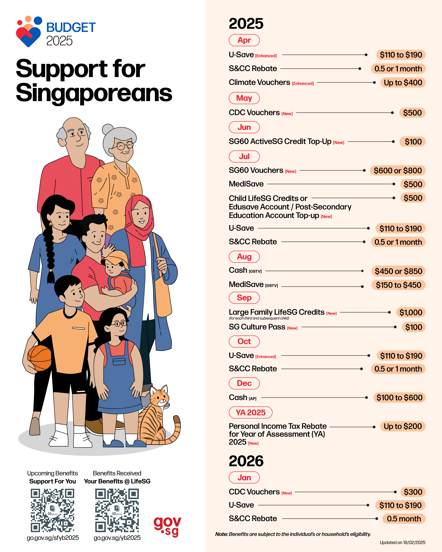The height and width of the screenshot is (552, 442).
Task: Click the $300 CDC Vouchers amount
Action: click(413, 492)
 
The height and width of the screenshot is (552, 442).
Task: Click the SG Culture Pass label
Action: click(257, 327)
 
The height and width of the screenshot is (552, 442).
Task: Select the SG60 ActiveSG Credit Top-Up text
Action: click(280, 141)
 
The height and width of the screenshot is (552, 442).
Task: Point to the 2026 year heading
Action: click(246, 461)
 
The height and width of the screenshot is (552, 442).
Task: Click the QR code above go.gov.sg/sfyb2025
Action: click(53, 510)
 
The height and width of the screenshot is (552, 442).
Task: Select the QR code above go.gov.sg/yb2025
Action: click(117, 510)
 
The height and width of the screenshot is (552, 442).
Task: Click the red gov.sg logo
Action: click(167, 526)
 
